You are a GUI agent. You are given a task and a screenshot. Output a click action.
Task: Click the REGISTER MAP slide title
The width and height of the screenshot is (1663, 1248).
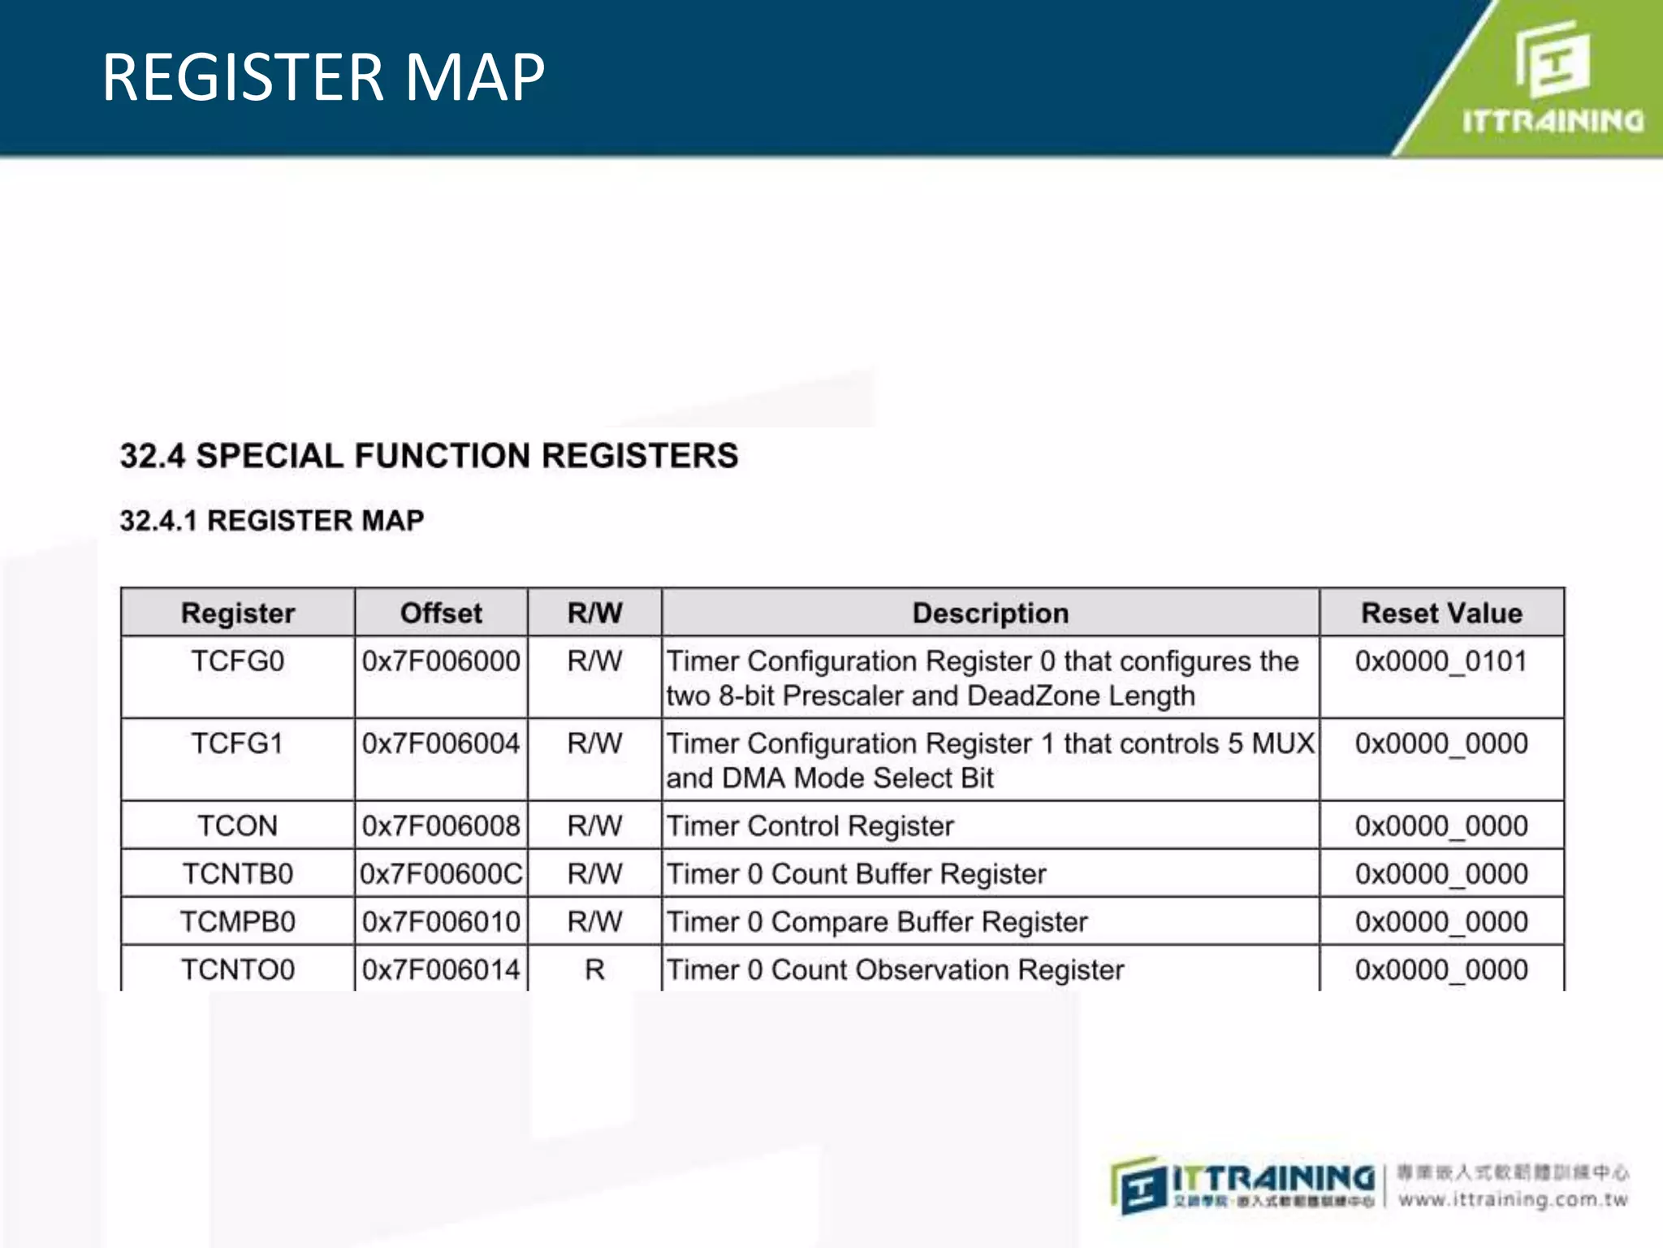(323, 78)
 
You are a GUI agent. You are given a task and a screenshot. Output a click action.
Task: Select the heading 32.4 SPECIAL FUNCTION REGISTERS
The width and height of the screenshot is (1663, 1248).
(429, 456)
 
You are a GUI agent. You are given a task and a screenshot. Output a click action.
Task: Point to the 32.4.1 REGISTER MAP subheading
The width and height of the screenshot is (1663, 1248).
(272, 520)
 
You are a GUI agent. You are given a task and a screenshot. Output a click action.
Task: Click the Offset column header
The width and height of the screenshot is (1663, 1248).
(441, 613)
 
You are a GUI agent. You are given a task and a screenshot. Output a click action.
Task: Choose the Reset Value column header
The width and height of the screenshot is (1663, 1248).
(1441, 613)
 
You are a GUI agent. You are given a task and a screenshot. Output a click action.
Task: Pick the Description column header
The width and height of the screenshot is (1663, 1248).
(990, 613)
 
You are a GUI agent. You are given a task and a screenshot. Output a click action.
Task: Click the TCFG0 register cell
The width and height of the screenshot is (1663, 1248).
(237, 661)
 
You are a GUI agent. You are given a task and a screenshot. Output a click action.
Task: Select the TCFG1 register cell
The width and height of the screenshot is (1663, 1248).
(237, 743)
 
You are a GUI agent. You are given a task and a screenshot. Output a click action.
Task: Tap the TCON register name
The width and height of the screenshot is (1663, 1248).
(237, 825)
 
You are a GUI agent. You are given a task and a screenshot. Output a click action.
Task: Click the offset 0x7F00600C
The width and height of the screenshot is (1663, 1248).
(441, 873)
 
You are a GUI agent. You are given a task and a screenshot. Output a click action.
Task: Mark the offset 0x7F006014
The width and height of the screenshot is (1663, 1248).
(441, 969)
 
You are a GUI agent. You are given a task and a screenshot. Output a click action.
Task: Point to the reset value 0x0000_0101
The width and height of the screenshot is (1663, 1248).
(1441, 661)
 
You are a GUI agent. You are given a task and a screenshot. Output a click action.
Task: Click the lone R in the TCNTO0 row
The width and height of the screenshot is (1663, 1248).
(594, 969)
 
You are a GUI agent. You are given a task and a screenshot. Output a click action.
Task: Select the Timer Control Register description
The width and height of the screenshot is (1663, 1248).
(810, 825)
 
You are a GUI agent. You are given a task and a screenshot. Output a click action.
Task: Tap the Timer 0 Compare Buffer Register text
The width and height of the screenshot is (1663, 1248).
(876, 921)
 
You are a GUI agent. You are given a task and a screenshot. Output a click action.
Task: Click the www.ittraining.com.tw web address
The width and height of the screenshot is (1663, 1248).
(1513, 1199)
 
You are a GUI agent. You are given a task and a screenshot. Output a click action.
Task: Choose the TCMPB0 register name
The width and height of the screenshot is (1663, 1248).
(237, 921)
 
